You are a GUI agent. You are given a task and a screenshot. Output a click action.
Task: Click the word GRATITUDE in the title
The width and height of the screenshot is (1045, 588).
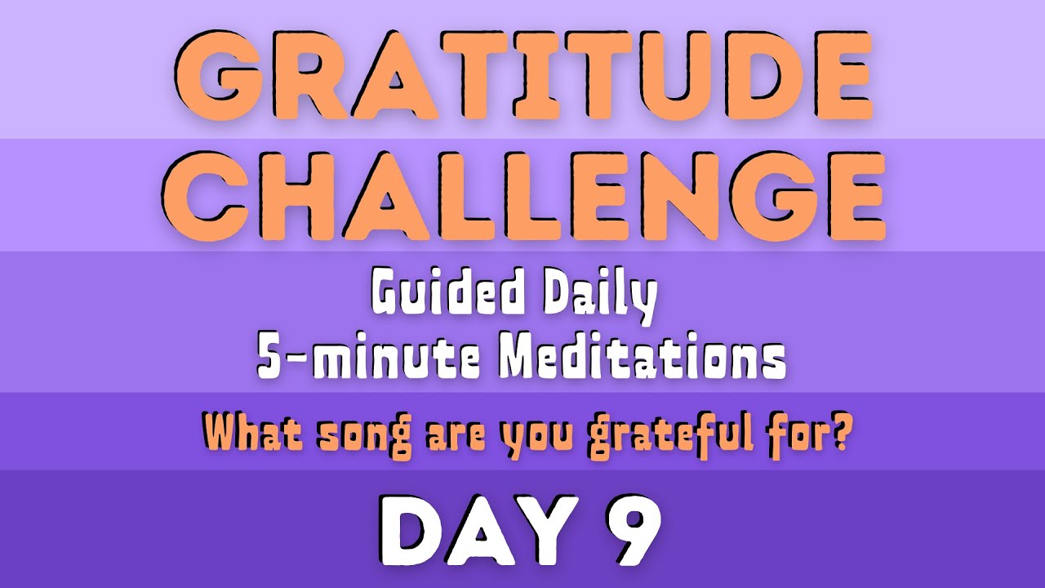[522, 77]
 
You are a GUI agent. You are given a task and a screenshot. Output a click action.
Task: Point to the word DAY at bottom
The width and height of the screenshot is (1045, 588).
[474, 530]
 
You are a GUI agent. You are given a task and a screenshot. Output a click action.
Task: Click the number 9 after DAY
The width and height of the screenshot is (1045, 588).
[628, 530]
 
